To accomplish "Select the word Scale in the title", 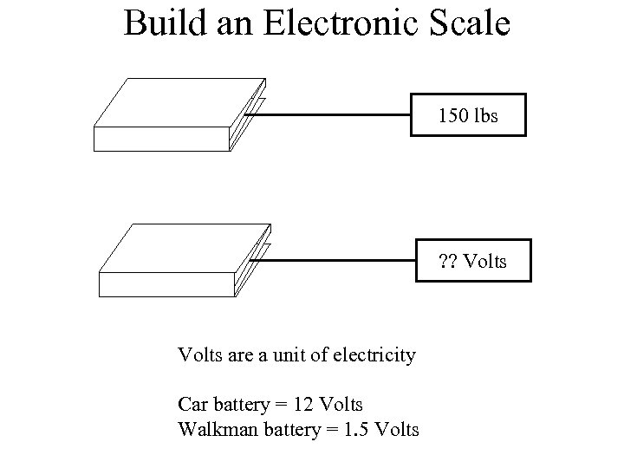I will coord(466,23).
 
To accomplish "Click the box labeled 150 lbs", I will coord(468,114).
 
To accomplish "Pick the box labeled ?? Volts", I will coord(472,259).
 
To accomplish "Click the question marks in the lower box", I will coord(447,259).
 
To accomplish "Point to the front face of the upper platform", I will coord(160,139).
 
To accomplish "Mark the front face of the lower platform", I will coord(166,284).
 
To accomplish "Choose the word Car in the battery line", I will coord(192,404).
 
